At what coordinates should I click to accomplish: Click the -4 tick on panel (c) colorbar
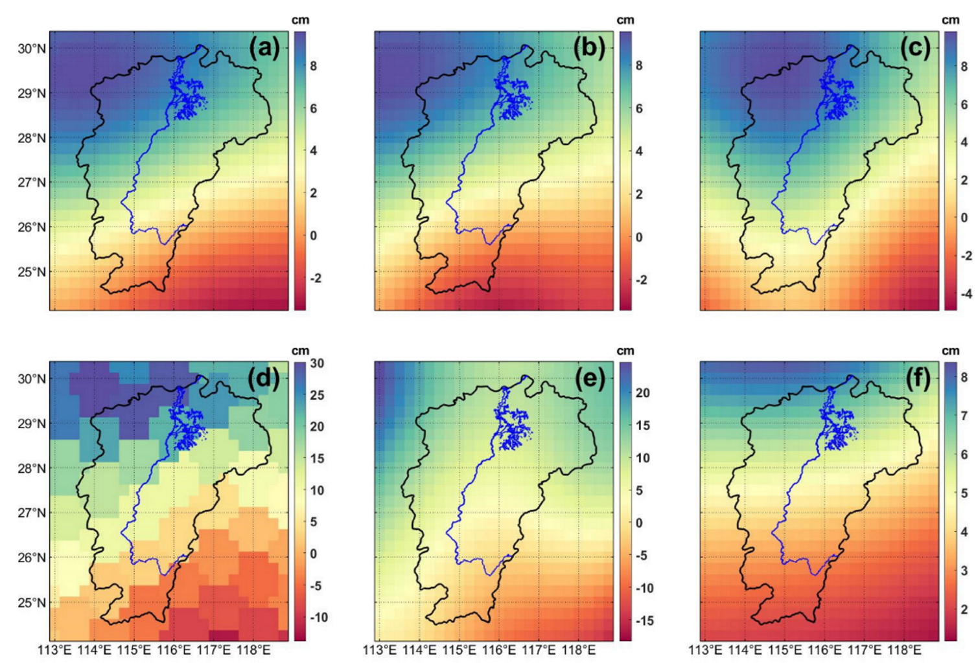(965, 293)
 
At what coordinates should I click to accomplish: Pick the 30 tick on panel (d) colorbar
(317, 363)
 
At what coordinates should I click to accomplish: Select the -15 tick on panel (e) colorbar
(645, 620)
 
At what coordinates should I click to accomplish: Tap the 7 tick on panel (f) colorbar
(964, 416)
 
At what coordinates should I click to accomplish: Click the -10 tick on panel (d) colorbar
(319, 617)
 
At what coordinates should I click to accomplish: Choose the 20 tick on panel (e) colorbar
(642, 393)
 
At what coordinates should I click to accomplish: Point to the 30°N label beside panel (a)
(32, 49)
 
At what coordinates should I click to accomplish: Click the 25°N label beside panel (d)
(32, 602)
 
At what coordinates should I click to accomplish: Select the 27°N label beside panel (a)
(32, 183)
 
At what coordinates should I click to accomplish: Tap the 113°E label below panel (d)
(56, 650)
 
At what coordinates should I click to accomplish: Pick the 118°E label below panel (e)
(579, 650)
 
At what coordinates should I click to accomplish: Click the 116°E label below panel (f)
(824, 650)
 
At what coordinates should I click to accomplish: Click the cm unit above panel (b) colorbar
(625, 20)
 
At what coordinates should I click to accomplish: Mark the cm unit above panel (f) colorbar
(951, 350)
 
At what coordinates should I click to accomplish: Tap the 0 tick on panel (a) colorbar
(314, 236)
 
